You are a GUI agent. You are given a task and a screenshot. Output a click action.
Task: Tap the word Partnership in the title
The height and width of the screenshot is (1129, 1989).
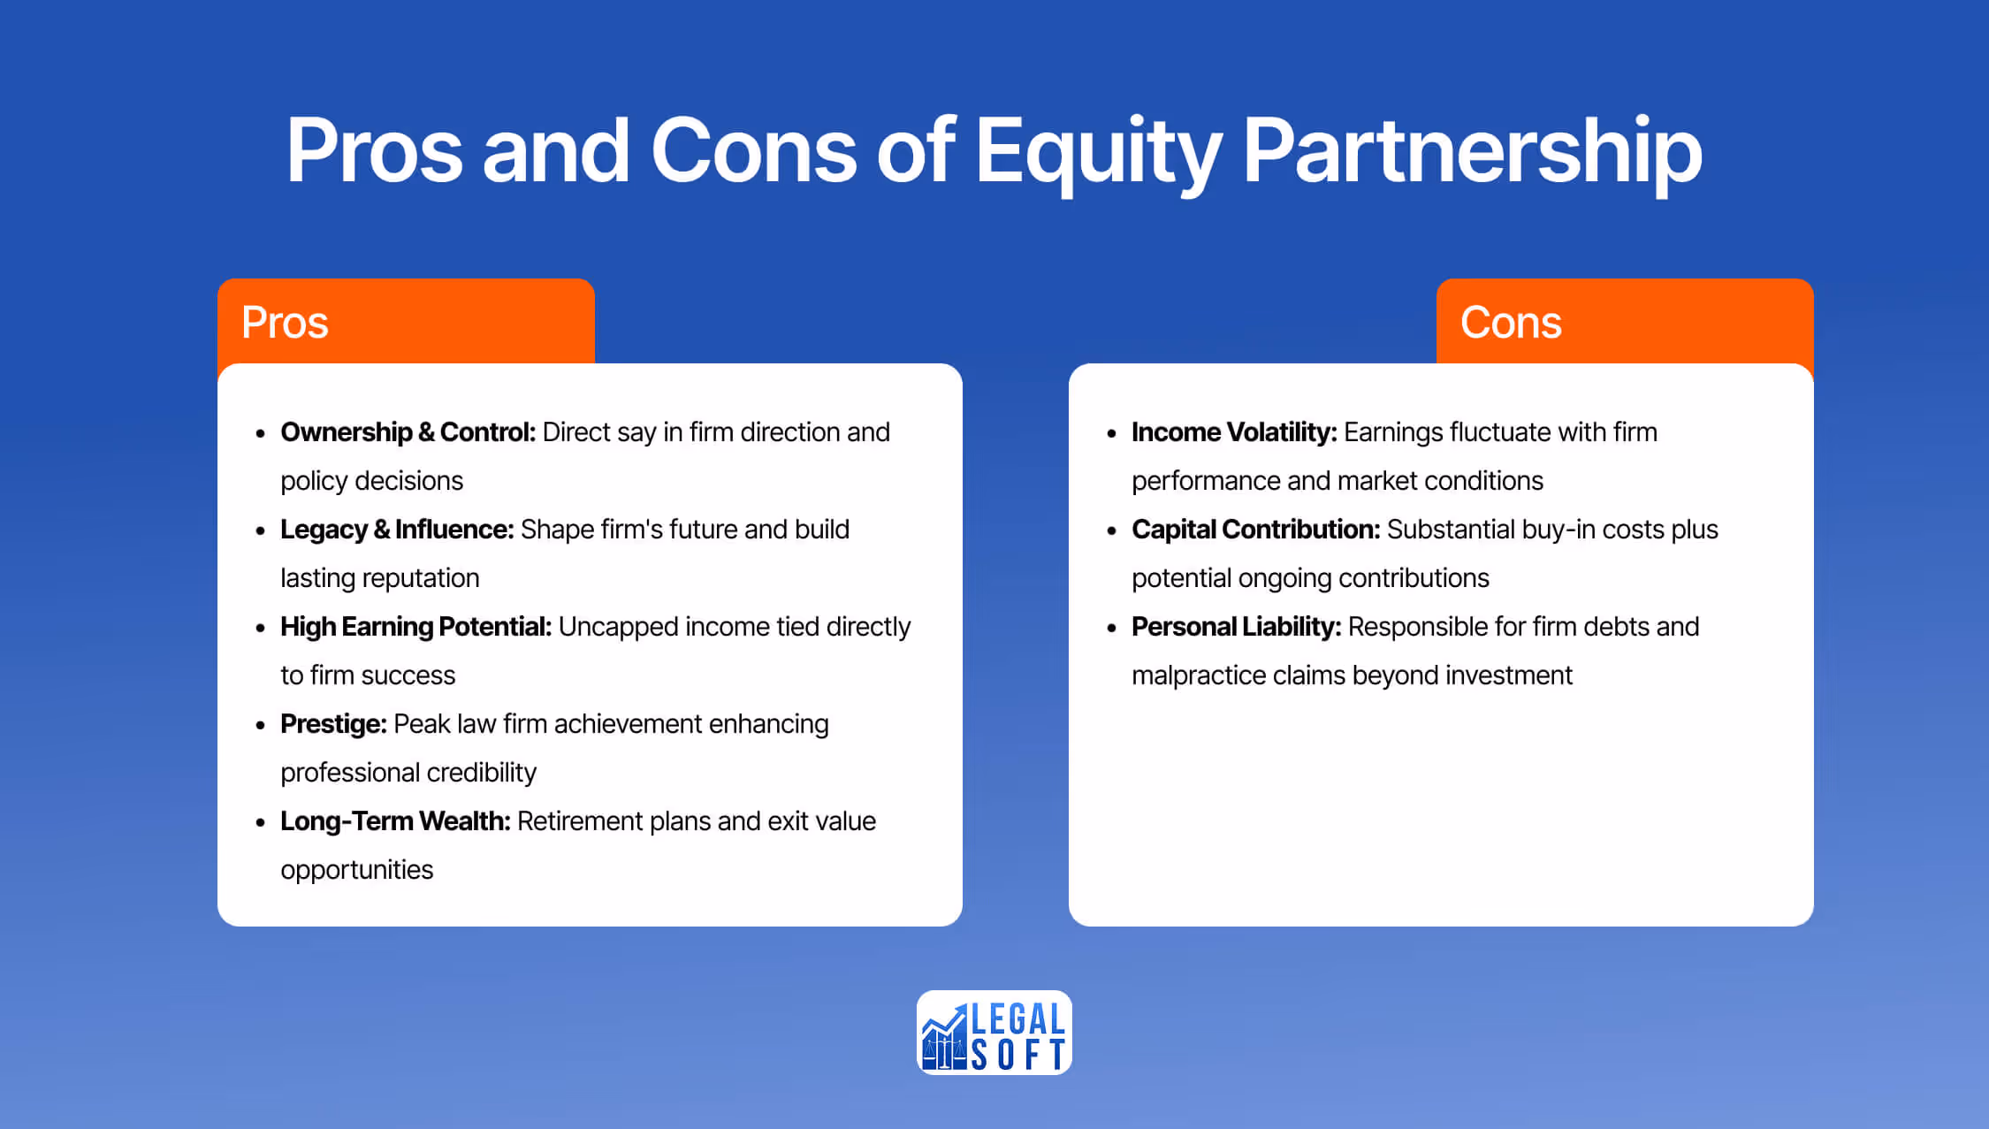click(1472, 152)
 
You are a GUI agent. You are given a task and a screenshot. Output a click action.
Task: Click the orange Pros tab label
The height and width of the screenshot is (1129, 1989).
click(285, 322)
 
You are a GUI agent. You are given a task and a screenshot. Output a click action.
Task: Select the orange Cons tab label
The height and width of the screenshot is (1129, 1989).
click(1511, 322)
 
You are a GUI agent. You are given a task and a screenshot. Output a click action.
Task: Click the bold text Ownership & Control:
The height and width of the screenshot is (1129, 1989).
click(408, 432)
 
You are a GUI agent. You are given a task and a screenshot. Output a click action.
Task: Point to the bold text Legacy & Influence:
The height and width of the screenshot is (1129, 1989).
click(397, 530)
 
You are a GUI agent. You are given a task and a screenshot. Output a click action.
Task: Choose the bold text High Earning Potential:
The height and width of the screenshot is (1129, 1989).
click(415, 627)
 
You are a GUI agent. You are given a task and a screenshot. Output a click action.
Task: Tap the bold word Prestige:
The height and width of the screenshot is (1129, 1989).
click(333, 724)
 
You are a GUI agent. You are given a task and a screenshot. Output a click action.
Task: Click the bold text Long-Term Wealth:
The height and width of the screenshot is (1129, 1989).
click(395, 821)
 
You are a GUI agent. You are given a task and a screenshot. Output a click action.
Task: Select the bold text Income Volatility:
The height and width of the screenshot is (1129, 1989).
click(1234, 432)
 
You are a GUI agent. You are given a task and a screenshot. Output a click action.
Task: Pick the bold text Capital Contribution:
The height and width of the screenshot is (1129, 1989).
click(1255, 530)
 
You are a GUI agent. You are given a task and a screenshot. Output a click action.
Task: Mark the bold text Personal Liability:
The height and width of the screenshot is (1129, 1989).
click(1236, 627)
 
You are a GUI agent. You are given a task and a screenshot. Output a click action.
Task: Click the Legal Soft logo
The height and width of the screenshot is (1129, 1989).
click(994, 1033)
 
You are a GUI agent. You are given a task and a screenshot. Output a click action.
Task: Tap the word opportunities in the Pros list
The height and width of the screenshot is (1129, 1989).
click(357, 870)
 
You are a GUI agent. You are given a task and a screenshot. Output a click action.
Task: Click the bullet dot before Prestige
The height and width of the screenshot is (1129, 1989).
click(260, 725)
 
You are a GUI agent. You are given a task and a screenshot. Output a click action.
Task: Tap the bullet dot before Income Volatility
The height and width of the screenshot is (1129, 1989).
click(1111, 433)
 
